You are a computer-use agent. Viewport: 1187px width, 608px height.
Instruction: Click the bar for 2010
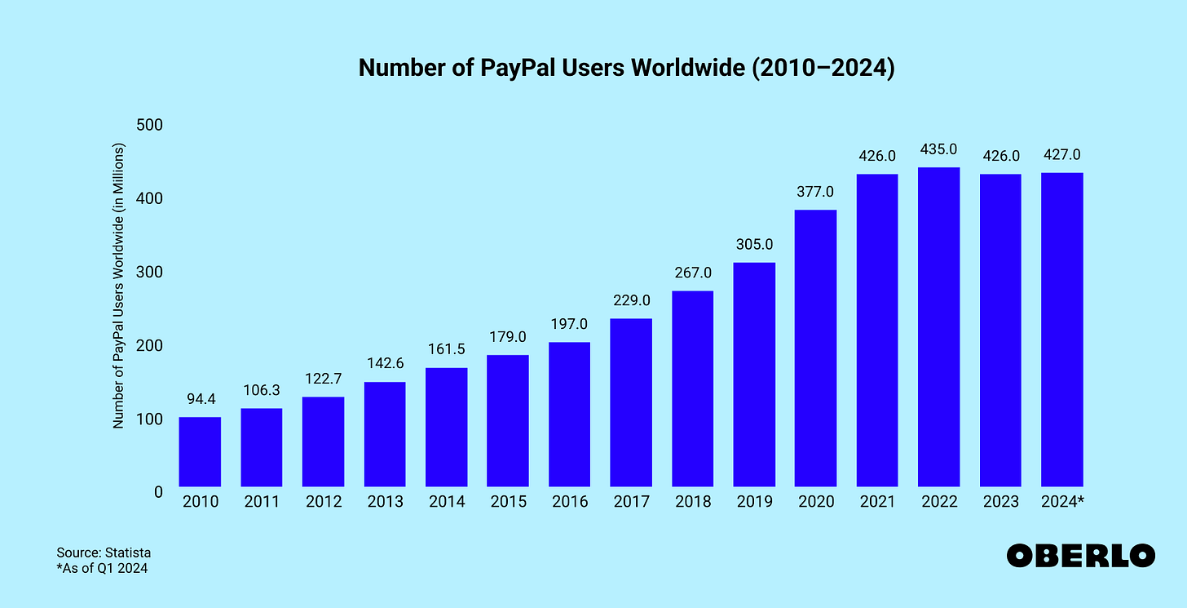[x=200, y=452]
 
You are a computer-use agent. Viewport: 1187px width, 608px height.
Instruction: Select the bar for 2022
[x=938, y=327]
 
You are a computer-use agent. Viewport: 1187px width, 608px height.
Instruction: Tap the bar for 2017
[x=630, y=402]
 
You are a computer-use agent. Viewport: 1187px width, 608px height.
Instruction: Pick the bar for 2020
[x=815, y=348]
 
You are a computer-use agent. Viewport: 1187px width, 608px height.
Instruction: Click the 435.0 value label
[x=938, y=149]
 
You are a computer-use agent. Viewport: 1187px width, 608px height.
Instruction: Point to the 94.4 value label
[x=200, y=399]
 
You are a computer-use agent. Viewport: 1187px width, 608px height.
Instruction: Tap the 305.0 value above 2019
[x=753, y=245]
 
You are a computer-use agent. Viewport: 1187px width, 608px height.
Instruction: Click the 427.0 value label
[x=1061, y=154]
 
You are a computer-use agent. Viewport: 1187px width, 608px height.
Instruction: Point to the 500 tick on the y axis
[x=149, y=125]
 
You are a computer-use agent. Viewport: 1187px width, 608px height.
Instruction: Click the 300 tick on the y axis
[x=149, y=272]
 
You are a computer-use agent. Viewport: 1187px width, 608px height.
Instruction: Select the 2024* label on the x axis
[x=1061, y=502]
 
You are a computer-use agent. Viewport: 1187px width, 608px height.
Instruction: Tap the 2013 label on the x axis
[x=384, y=502]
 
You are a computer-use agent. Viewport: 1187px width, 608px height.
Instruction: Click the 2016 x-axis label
[x=569, y=502]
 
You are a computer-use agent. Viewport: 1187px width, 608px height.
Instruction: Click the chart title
[x=626, y=69]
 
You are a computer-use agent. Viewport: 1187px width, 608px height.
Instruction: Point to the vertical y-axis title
[x=118, y=286]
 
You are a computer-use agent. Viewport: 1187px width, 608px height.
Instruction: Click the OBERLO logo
[x=1080, y=556]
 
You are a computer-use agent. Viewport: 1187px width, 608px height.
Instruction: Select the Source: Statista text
[x=104, y=553]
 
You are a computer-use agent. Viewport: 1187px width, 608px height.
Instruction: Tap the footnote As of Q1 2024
[x=102, y=569]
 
